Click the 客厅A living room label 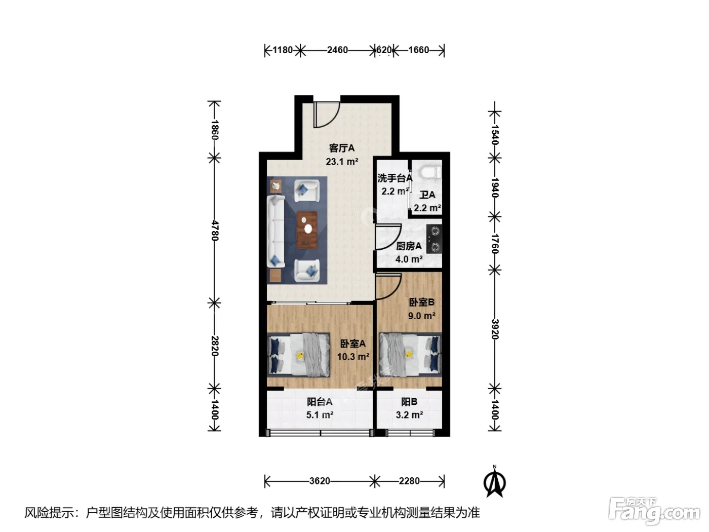pos(341,148)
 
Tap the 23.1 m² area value pos(342,161)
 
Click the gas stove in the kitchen pos(434,239)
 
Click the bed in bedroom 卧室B pos(410,355)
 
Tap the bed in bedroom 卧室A pos(299,355)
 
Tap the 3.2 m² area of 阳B pos(409,414)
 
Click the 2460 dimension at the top pos(337,50)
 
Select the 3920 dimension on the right pos(495,329)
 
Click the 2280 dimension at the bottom pos(409,481)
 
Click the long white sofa pos(275,231)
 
